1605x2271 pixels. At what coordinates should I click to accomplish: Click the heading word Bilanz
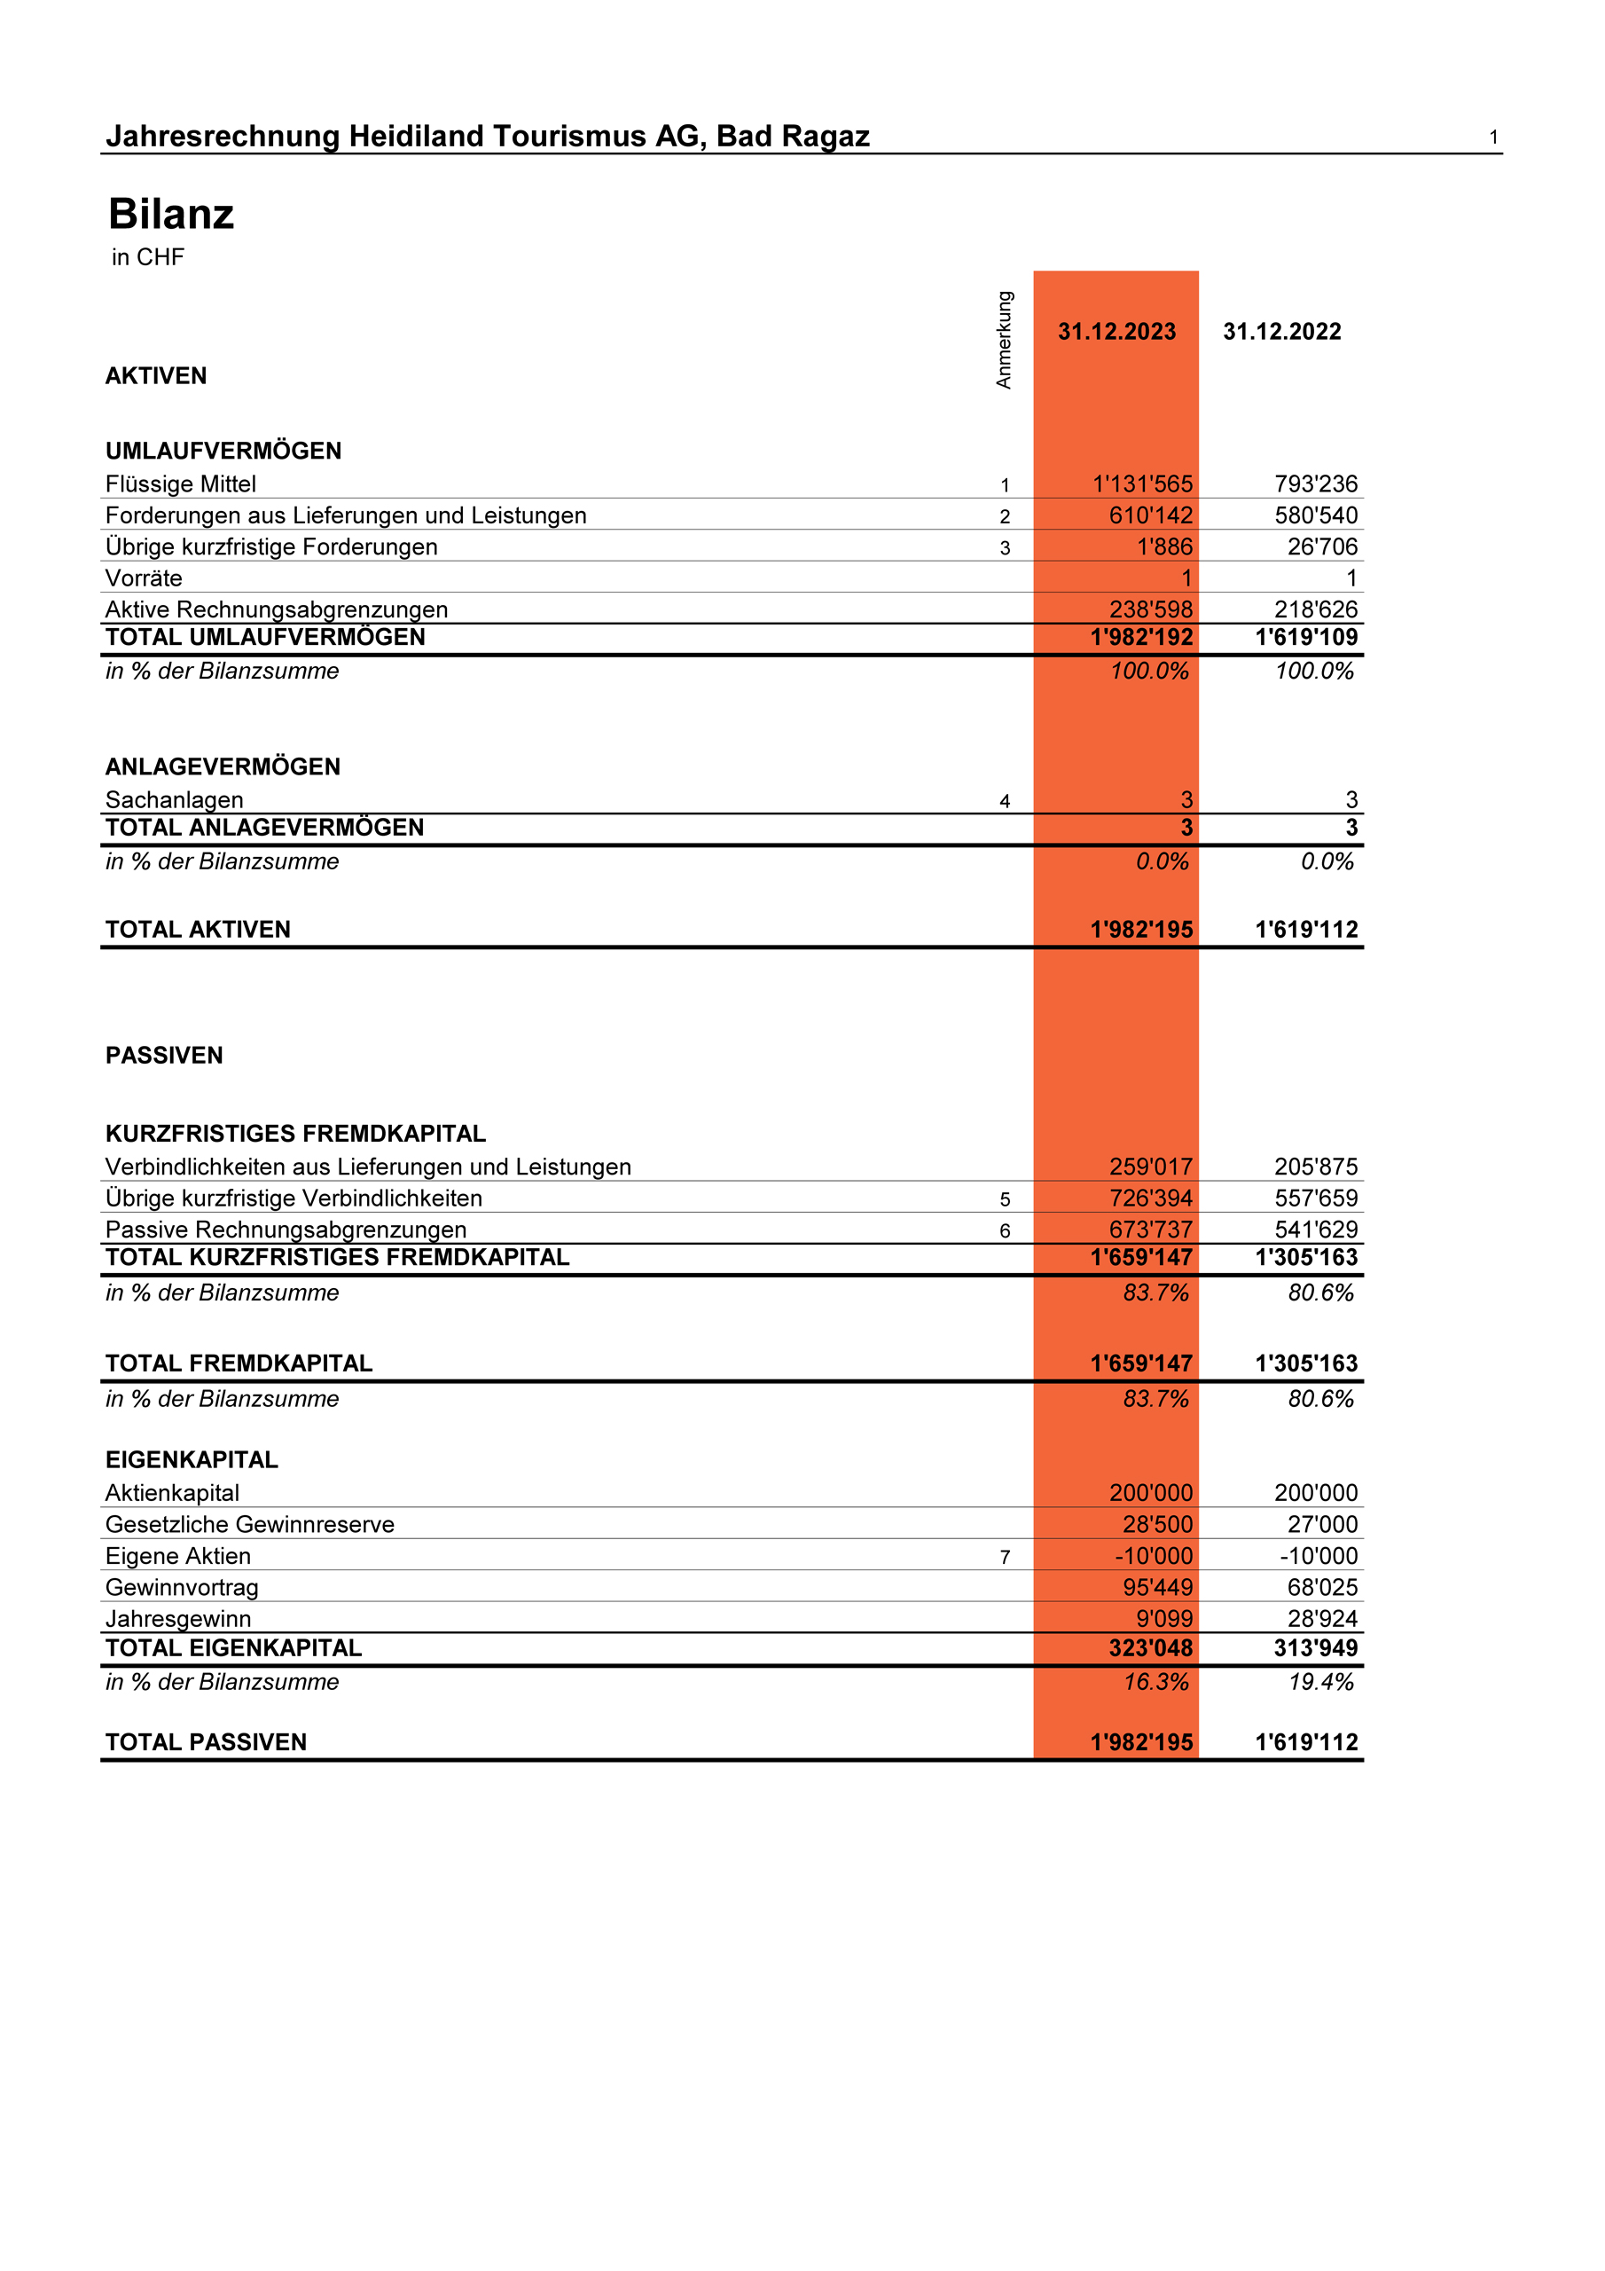pos(171,215)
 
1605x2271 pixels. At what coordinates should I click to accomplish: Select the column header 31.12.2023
pos(1116,332)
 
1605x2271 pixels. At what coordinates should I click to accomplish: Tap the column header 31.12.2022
pos(1281,332)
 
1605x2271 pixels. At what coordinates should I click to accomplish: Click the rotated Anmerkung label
pos(1004,339)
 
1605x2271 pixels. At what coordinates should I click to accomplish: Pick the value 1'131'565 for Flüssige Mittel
pos(1142,483)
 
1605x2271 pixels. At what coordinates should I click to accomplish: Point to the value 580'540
pos(1315,515)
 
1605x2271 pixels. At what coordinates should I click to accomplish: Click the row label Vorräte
pos(144,578)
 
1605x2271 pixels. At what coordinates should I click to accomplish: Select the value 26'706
pos(1322,547)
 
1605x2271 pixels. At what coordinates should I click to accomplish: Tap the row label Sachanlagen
pos(174,800)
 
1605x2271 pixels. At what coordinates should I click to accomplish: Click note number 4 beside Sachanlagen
pos(1005,801)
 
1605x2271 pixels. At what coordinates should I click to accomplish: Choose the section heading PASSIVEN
pos(164,1056)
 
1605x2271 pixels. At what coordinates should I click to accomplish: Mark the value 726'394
pos(1150,1198)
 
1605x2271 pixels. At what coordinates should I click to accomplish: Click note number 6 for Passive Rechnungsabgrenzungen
pos(1005,1230)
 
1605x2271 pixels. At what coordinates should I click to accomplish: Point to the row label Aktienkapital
pos(172,1493)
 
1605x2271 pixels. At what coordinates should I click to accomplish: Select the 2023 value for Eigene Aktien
pos(1153,1556)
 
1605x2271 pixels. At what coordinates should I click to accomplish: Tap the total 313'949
pos(1315,1648)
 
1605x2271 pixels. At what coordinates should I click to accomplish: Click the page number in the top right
pos(1493,138)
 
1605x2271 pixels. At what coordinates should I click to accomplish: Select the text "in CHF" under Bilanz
pos(147,257)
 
